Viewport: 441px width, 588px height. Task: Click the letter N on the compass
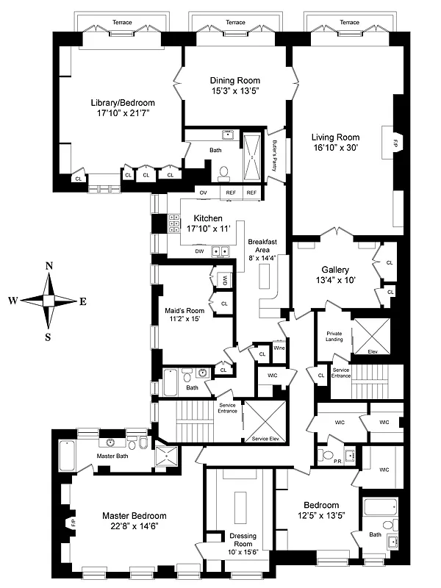click(49, 266)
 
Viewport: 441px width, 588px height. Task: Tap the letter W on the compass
click(13, 301)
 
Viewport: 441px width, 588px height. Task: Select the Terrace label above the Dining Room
click(236, 23)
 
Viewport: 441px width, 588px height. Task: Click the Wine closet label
click(279, 348)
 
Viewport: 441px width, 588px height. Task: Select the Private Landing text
click(334, 337)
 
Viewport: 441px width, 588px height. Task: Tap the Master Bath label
click(112, 456)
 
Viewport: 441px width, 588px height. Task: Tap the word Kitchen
click(207, 218)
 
